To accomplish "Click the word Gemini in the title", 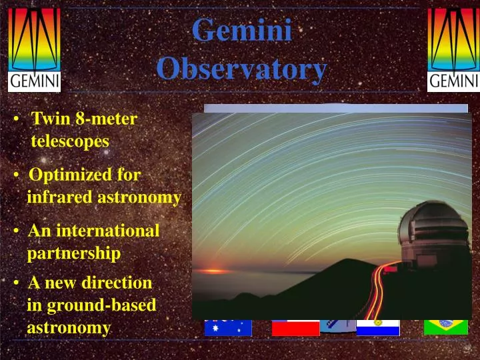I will point(242,31).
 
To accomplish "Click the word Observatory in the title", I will point(242,68).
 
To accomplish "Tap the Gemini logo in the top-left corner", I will point(34,49).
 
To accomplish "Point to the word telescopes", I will point(70,141).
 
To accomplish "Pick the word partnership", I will point(73,253).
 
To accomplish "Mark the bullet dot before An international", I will point(15,231).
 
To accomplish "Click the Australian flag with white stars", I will point(228,327).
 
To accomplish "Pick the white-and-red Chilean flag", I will point(295,327).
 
